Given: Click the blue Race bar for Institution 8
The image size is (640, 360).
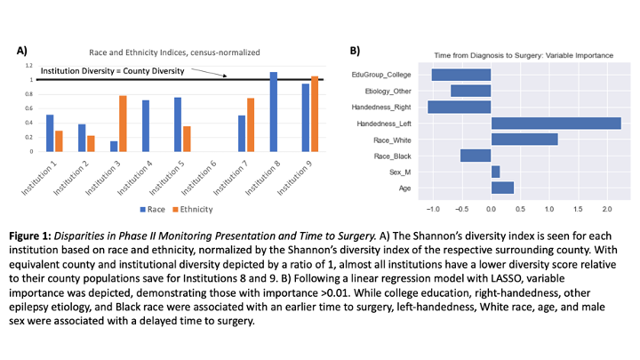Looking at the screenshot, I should click(274, 112).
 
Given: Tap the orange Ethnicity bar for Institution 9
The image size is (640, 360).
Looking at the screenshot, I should click(314, 115).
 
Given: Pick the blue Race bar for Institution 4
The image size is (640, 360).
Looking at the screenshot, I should click(146, 126).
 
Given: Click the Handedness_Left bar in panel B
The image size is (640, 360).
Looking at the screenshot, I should click(556, 123).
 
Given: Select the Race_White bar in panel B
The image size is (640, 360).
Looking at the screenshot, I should click(524, 139).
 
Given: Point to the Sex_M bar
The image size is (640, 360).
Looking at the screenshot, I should click(495, 172).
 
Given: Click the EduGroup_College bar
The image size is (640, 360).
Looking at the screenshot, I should click(461, 75).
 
